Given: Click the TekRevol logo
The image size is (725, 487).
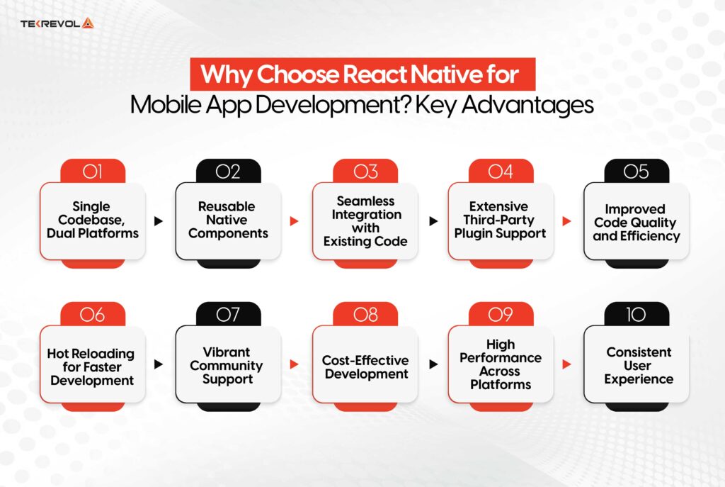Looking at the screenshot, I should pyautogui.click(x=57, y=23).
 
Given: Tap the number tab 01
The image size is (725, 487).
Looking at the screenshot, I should pyautogui.click(x=93, y=172).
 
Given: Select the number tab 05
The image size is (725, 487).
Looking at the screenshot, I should pyautogui.click(x=636, y=172).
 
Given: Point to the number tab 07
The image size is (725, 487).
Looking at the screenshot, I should pyautogui.click(x=228, y=315).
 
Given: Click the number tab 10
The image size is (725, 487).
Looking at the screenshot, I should pyautogui.click(x=636, y=315).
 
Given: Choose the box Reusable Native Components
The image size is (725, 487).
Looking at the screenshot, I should pyautogui.click(x=228, y=220).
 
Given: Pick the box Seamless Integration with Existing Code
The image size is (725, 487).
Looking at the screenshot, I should pyautogui.click(x=365, y=220).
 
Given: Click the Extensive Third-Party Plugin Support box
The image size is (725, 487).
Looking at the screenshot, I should pyautogui.click(x=501, y=220).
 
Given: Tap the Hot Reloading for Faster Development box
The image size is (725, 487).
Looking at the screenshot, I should pyautogui.click(x=93, y=366).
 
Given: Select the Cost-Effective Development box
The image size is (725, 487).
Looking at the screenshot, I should pyautogui.click(x=365, y=366).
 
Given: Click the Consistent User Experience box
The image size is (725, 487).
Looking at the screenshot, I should pyautogui.click(x=636, y=365).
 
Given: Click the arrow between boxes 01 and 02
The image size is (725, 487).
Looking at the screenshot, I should pyautogui.click(x=159, y=221).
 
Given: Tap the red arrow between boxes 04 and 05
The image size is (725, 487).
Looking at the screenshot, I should pyautogui.click(x=566, y=221).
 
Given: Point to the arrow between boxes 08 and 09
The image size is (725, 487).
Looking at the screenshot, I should pyautogui.click(x=432, y=364).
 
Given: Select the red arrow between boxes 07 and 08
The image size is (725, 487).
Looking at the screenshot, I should pyautogui.click(x=295, y=364).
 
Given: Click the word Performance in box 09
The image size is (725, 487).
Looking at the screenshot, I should pyautogui.click(x=501, y=358).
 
